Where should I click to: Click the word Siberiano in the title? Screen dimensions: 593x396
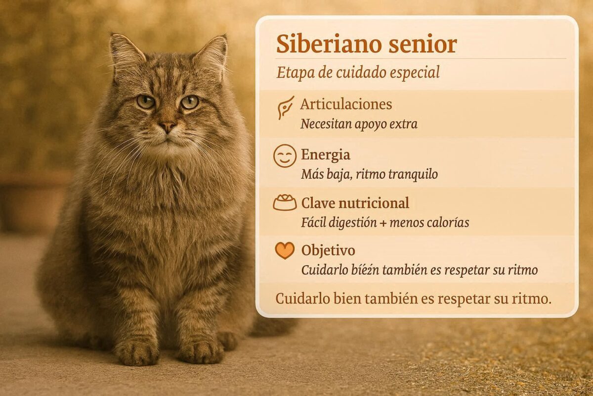[x=329, y=44]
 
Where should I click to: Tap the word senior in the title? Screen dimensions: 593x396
[x=423, y=45]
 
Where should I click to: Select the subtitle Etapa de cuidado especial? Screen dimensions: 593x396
[x=358, y=73]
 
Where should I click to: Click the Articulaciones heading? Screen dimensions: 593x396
[x=346, y=104]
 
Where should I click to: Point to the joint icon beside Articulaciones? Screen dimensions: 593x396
[x=286, y=108]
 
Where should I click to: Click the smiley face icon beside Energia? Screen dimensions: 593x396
[x=285, y=156]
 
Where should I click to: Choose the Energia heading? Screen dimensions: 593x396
[x=326, y=154]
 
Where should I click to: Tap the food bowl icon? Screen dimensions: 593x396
[x=285, y=202]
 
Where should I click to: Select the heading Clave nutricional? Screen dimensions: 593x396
[x=355, y=203]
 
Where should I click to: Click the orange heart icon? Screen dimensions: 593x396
[x=285, y=250]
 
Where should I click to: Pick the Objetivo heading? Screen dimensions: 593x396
[x=328, y=250]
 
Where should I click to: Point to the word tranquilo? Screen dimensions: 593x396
[x=413, y=175]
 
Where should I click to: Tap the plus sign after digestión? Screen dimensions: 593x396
[x=383, y=223]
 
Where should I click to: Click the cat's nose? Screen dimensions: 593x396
[x=167, y=127]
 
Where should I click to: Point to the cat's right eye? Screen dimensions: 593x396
[x=145, y=102]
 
